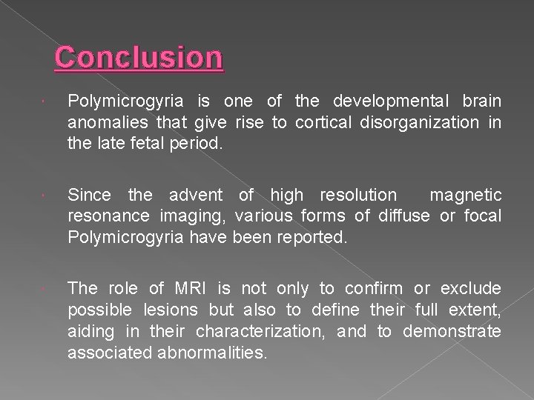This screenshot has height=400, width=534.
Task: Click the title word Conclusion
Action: (139, 57)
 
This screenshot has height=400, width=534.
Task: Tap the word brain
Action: (481, 101)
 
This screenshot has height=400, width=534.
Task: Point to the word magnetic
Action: (466, 196)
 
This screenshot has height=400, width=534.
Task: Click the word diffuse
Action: (403, 216)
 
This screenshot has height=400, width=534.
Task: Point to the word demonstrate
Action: (452, 331)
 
